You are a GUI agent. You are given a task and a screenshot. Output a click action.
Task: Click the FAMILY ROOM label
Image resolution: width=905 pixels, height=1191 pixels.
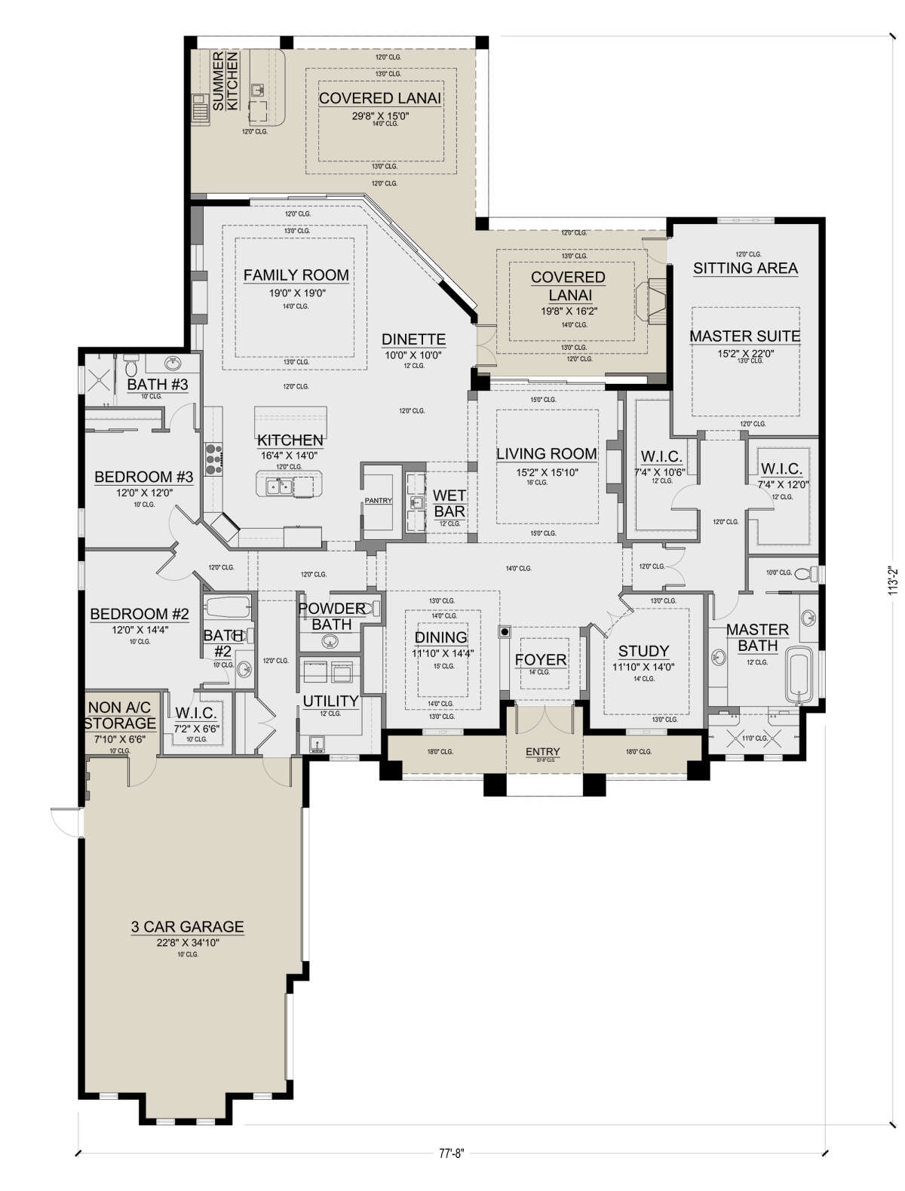click(296, 275)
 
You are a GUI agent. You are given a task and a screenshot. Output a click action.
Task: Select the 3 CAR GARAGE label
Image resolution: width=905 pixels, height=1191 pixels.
click(187, 926)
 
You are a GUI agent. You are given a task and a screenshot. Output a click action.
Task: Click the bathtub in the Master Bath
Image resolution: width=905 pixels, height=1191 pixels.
click(799, 674)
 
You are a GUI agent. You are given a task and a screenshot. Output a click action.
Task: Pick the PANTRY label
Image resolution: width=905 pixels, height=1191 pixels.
click(378, 501)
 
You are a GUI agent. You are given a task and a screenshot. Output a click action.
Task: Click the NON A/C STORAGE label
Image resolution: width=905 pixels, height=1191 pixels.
click(120, 716)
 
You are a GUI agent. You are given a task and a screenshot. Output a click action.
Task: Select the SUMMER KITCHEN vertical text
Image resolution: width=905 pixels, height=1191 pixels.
click(225, 81)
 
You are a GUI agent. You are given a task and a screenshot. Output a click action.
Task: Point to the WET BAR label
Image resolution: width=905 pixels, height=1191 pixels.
click(449, 503)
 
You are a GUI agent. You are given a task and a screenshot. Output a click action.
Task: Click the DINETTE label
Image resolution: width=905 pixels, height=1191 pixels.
click(413, 339)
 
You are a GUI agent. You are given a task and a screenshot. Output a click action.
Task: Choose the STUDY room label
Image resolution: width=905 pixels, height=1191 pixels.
click(643, 651)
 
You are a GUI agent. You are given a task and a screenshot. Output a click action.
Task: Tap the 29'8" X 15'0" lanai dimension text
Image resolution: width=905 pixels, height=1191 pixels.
click(380, 115)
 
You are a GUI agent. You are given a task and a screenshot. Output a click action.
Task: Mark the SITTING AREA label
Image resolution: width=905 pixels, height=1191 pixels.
click(745, 268)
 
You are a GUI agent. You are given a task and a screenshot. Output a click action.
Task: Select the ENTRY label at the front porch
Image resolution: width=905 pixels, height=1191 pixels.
click(542, 751)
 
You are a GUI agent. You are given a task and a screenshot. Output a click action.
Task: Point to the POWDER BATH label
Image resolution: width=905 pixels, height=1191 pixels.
click(332, 616)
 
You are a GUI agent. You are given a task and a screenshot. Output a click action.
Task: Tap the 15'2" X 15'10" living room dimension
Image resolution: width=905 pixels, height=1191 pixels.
click(546, 472)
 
